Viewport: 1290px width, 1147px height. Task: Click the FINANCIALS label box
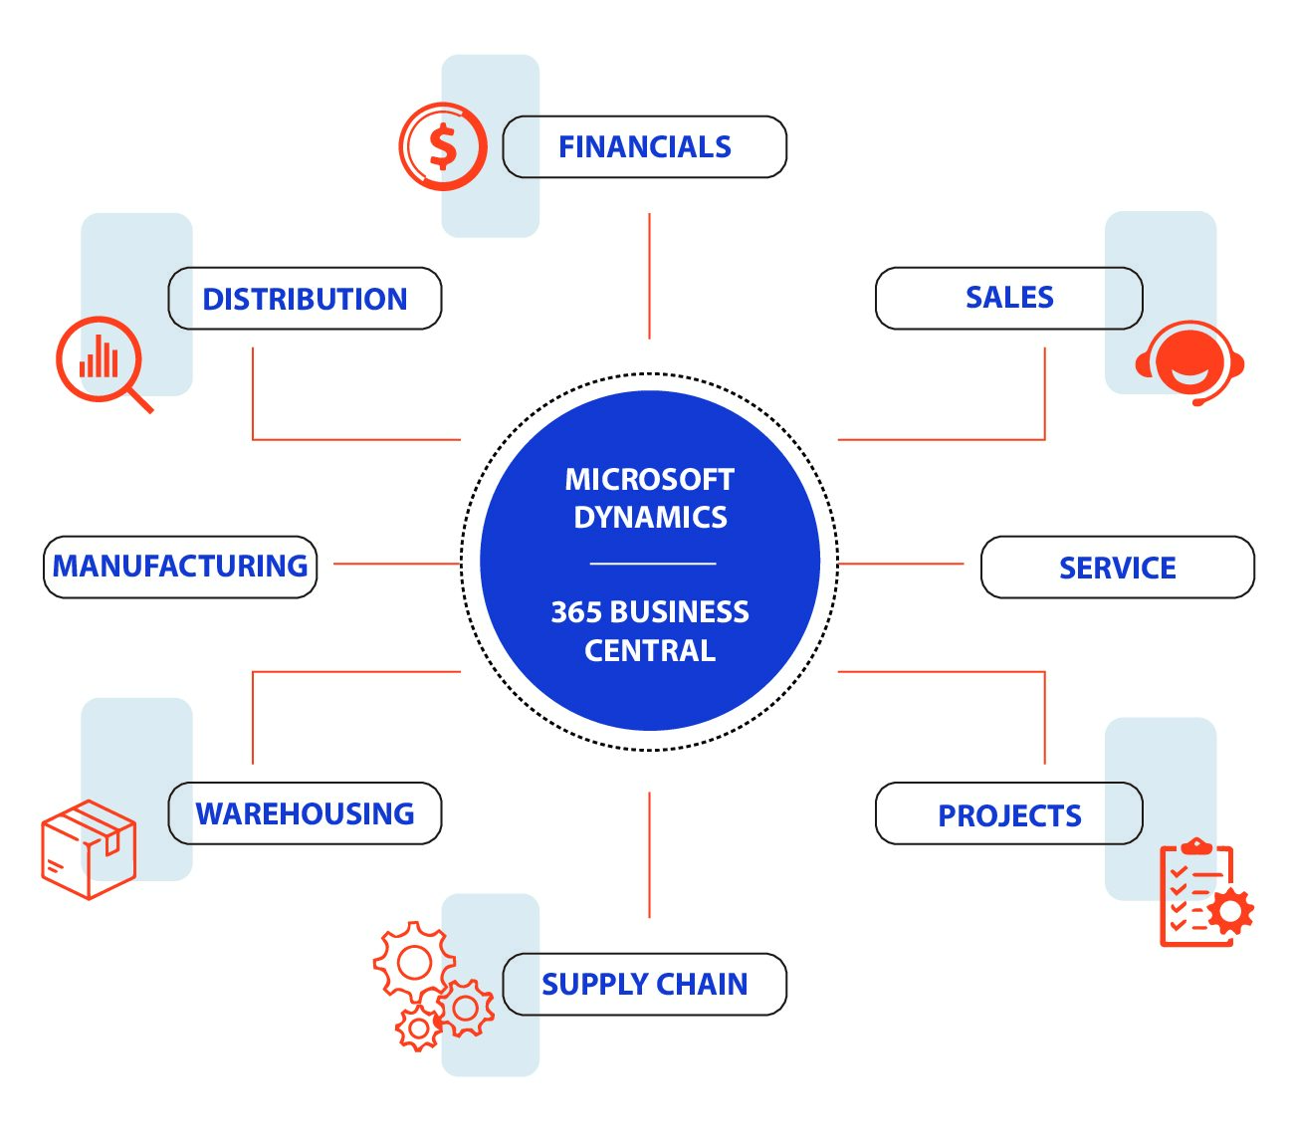pyautogui.click(x=645, y=147)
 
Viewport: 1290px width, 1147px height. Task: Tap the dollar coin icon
pyautogui.click(x=443, y=146)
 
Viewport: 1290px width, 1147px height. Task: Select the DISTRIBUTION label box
pyautogui.click(x=305, y=299)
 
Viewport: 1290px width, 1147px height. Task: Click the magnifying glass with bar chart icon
pyautogui.click(x=102, y=360)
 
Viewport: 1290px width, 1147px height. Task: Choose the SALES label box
pyautogui.click(x=1008, y=298)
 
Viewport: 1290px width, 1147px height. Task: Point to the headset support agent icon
pyautogui.click(x=1189, y=360)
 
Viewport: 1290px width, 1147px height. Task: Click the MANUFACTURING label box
pyautogui.click(x=180, y=567)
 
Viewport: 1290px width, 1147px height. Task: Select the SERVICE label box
pyautogui.click(x=1117, y=568)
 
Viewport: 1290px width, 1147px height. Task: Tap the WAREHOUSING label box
pyautogui.click(x=305, y=813)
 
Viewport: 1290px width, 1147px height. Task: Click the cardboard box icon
pyautogui.click(x=89, y=849)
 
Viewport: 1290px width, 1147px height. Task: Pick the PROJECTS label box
pyautogui.click(x=1008, y=814)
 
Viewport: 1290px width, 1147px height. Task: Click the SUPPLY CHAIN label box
pyautogui.click(x=645, y=984)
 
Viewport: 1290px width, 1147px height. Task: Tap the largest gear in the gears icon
pyautogui.click(x=414, y=962)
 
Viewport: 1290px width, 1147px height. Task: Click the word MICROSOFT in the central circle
pyautogui.click(x=649, y=480)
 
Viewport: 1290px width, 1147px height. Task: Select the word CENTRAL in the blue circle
pyautogui.click(x=649, y=651)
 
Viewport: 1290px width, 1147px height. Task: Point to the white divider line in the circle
pyautogui.click(x=652, y=564)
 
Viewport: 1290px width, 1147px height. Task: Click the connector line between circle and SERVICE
pyautogui.click(x=901, y=564)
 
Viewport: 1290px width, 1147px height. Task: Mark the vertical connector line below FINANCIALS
pyautogui.click(x=649, y=276)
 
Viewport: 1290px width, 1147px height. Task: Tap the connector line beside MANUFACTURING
pyautogui.click(x=396, y=564)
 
